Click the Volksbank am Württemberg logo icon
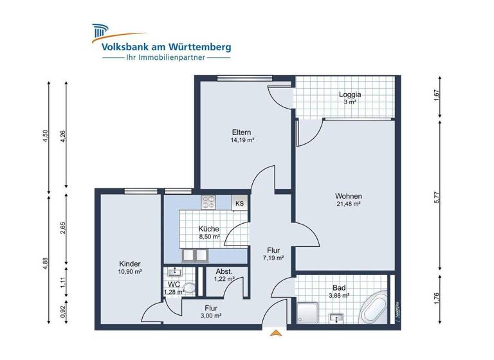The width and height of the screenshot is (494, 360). [100, 32]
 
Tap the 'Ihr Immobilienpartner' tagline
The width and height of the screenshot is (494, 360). [166, 58]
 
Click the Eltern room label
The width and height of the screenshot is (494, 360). [242, 132]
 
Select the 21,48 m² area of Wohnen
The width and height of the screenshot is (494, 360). [347, 204]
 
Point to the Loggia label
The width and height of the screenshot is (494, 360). [350, 94]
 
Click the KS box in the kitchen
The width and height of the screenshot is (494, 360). [239, 203]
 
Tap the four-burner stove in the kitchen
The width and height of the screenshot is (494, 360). [209, 202]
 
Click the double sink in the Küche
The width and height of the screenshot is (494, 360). [194, 256]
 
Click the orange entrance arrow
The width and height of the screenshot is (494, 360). [276, 332]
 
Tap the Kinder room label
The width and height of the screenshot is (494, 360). [130, 264]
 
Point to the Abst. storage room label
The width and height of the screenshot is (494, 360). [223, 272]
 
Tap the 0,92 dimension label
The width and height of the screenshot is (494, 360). [63, 310]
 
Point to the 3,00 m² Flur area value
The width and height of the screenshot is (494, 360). [212, 316]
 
